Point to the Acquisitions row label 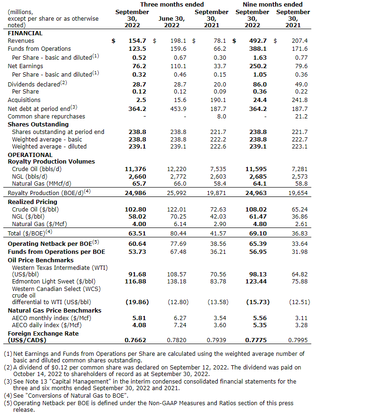(x=24, y=100)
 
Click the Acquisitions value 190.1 (x=217, y=100)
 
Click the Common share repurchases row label (x=47, y=116)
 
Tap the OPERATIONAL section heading (x=30, y=155)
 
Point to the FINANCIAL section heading (x=25, y=33)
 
